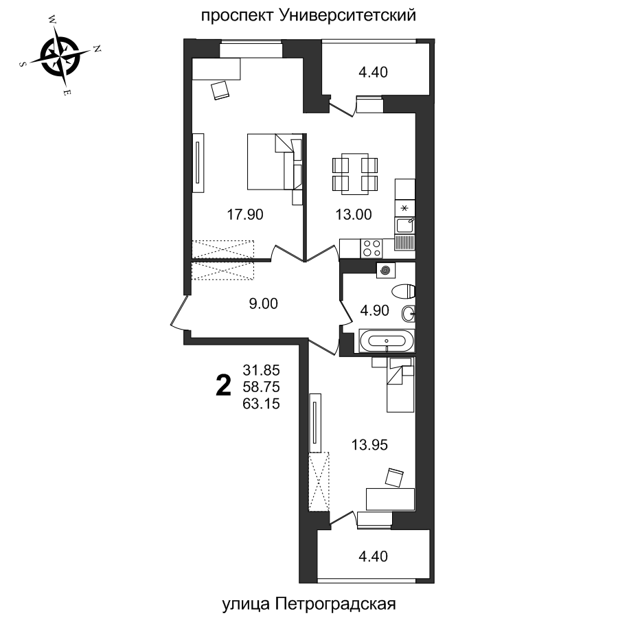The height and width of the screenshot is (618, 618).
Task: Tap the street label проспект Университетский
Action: pyautogui.click(x=308, y=14)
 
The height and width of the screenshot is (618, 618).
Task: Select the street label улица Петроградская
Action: pyautogui.click(x=310, y=604)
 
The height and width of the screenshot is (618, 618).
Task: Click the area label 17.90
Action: pyautogui.click(x=245, y=214)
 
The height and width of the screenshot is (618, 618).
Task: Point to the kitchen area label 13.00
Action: pyautogui.click(x=354, y=214)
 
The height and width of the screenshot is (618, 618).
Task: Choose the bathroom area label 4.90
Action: pyautogui.click(x=375, y=310)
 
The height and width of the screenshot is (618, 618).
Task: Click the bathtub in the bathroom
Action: pyautogui.click(x=387, y=341)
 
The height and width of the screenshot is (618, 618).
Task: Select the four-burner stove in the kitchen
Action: pyautogui.click(x=372, y=247)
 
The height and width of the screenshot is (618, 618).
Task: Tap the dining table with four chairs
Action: pyautogui.click(x=354, y=174)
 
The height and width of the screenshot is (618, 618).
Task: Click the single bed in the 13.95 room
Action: pyautogui.click(x=400, y=385)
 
